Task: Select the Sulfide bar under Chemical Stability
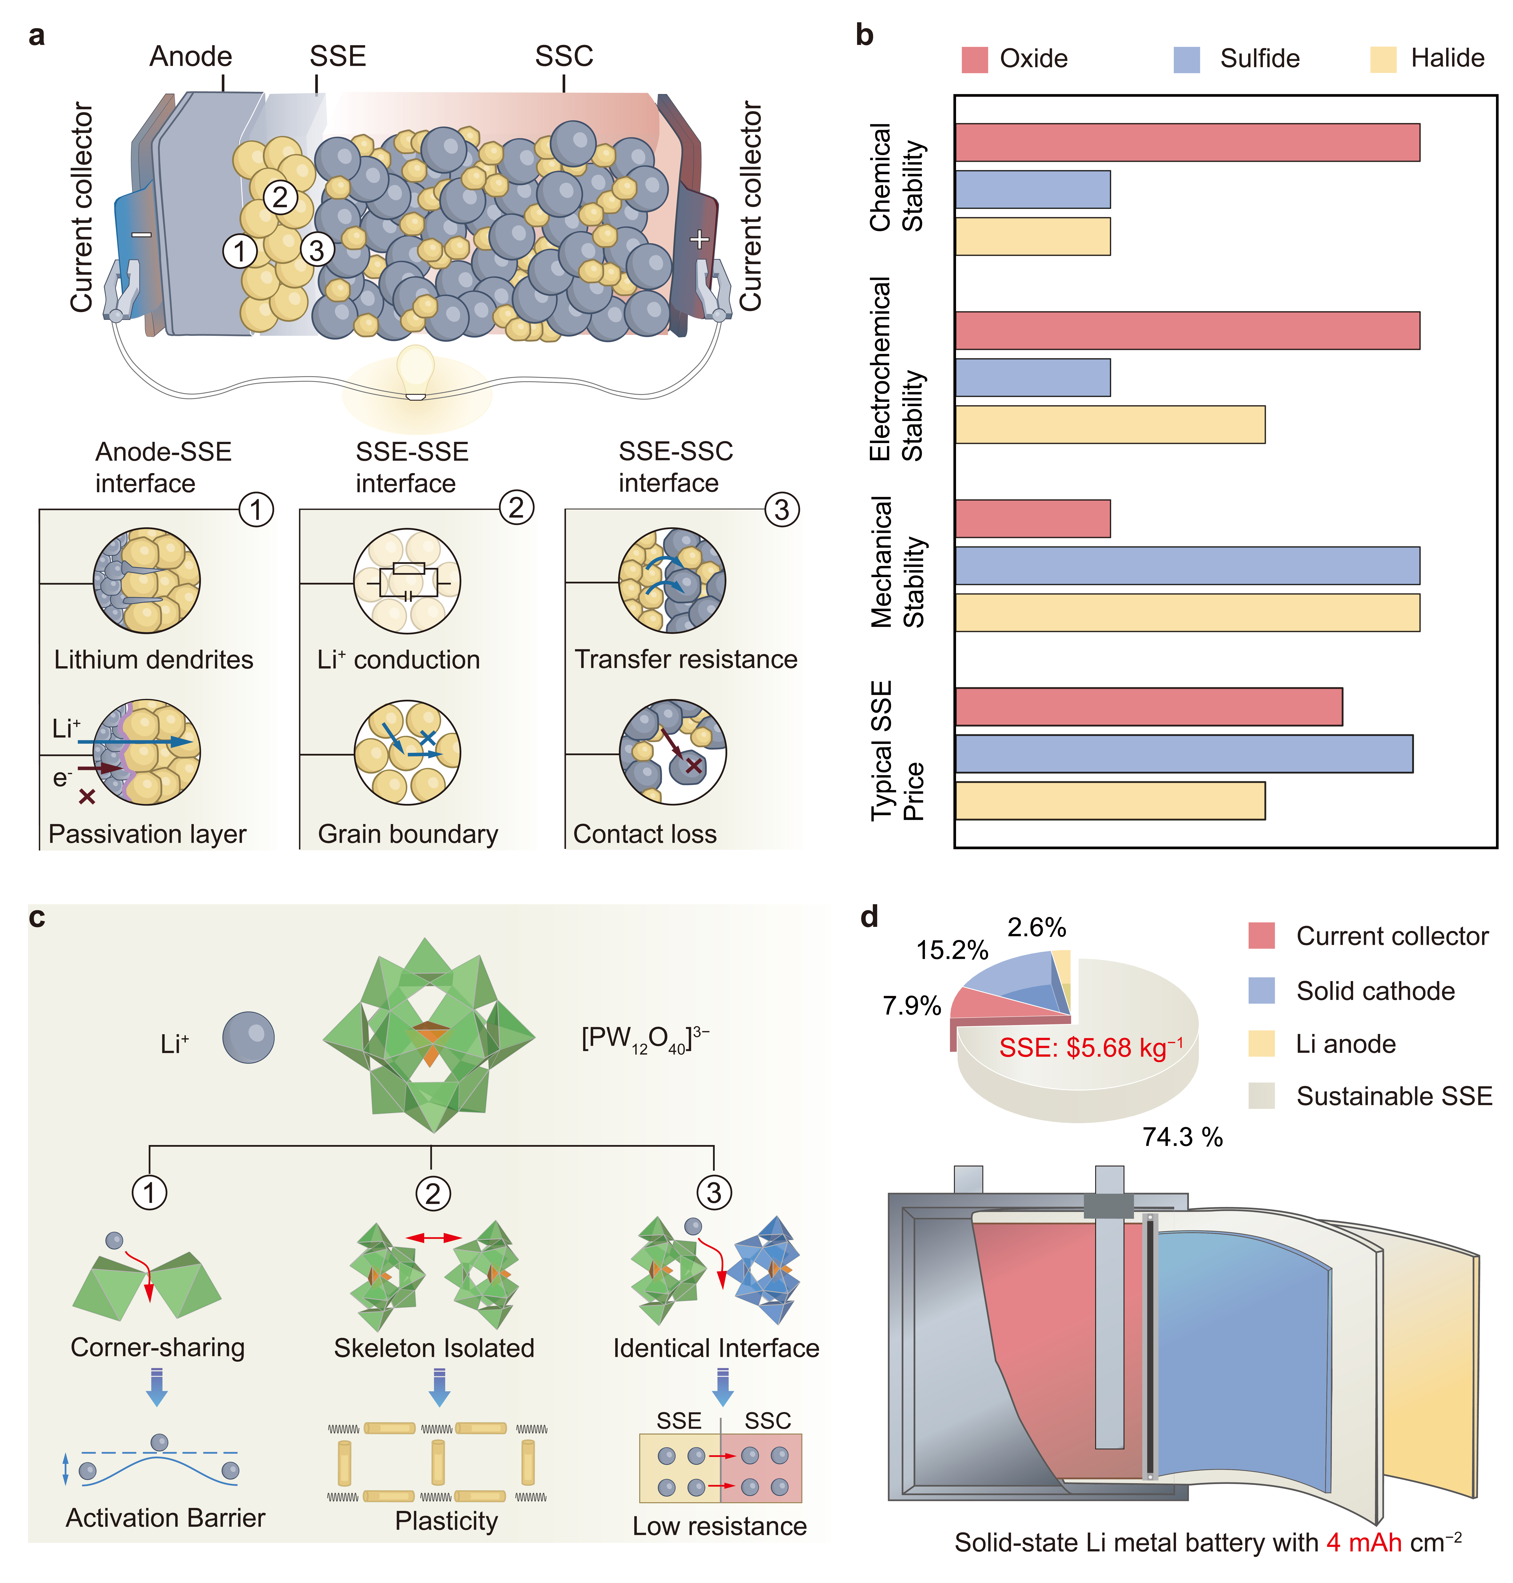[x=1032, y=190]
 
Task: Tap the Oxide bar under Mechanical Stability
[x=1032, y=518]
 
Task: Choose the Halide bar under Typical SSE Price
[x=1110, y=801]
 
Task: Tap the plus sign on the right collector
[x=699, y=240]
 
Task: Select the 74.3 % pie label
[x=1182, y=1137]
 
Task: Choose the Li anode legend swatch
[x=1261, y=1043]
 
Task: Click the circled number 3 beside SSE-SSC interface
[x=781, y=510]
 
